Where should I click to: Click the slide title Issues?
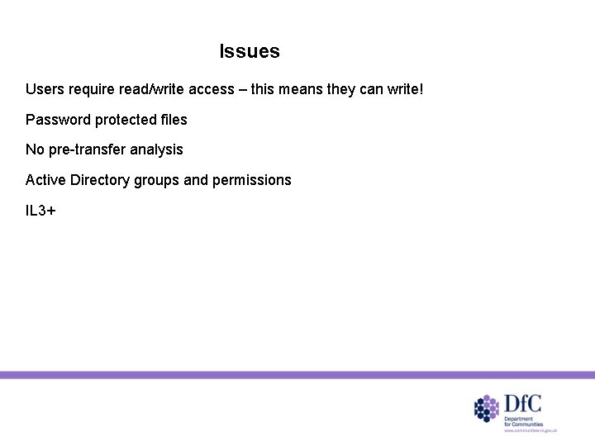click(x=250, y=52)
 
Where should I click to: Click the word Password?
click(x=58, y=120)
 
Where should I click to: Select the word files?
click(x=174, y=120)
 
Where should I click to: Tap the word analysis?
click(x=155, y=150)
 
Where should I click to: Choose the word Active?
click(x=45, y=180)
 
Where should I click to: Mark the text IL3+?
click(x=40, y=211)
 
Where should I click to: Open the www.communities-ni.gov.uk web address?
click(x=532, y=431)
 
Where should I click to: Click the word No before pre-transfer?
click(x=35, y=150)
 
